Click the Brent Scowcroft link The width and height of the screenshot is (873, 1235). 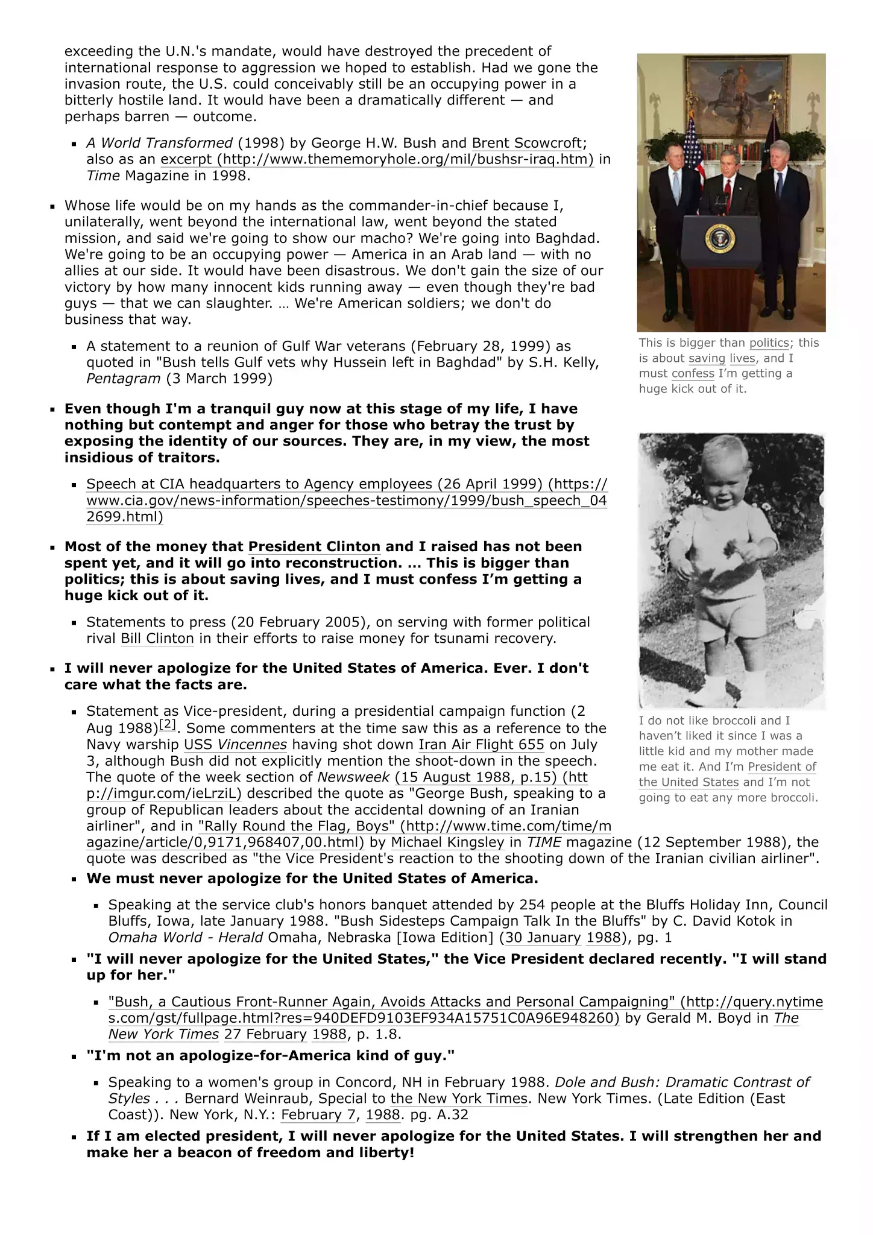coord(528,143)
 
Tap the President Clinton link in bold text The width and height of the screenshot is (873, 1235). coord(314,547)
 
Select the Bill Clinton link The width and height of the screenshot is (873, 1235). coord(157,639)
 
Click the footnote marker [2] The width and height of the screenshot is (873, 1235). coord(168,724)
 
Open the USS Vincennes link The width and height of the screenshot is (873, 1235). coord(235,745)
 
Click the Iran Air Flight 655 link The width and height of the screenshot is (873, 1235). coord(481,745)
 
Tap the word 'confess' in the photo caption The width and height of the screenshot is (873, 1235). coord(693,374)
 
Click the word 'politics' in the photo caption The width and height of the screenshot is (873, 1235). coord(769,343)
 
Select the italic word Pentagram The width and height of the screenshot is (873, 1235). coord(123,379)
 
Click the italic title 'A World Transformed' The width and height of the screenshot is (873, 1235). coord(159,143)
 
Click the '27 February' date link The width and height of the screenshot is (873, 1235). coord(265,1035)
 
